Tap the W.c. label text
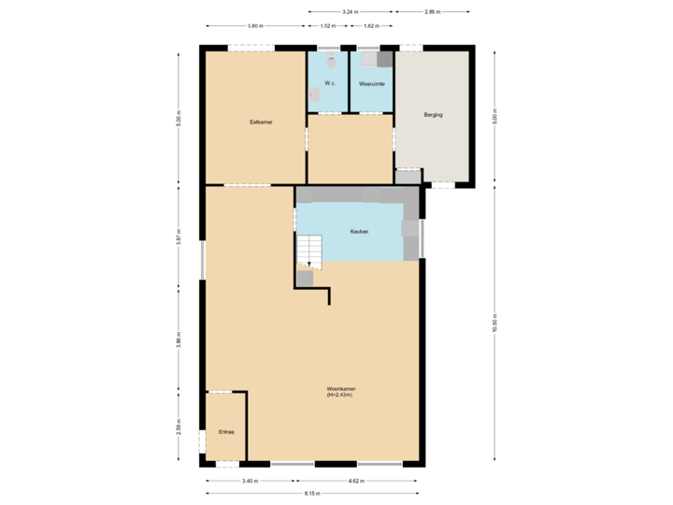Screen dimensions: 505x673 [329, 84]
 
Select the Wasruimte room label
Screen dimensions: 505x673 [371, 84]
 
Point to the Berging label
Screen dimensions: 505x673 [432, 114]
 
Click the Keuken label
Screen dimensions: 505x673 [359, 231]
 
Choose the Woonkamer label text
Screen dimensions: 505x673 [339, 391]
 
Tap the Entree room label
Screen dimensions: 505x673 [225, 432]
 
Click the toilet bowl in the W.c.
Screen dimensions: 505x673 [330, 61]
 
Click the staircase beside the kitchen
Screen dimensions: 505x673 [309, 251]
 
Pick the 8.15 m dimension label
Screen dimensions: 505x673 [311, 493]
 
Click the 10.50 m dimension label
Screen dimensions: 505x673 [494, 323]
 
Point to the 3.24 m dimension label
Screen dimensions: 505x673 [350, 12]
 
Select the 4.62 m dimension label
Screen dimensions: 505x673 [356, 481]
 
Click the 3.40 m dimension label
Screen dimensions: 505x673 [250, 481]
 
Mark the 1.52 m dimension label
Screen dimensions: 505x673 [327, 26]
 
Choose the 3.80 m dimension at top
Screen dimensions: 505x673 [254, 26]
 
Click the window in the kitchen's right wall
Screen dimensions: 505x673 [422, 238]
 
